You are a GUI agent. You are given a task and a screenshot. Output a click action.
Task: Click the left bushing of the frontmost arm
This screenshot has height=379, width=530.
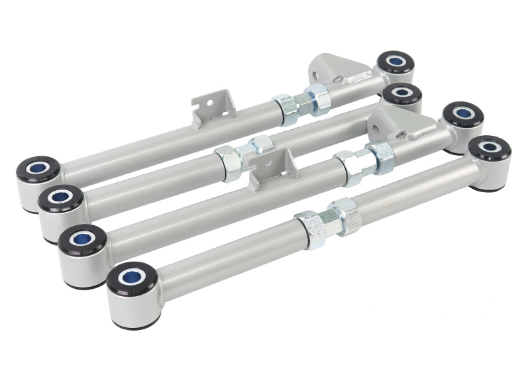coord(132,279)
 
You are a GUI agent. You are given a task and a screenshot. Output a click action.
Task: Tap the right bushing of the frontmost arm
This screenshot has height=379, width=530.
coord(490,148)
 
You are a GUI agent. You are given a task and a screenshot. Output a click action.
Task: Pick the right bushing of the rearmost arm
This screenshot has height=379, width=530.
coord(396,62)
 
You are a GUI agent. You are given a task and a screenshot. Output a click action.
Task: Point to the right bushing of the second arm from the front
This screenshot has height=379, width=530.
coord(463,115)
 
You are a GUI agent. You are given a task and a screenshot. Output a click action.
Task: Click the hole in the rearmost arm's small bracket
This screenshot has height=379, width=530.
coord(205,104)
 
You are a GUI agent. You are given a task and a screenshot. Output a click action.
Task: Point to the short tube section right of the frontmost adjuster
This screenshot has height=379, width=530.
coord(411,186)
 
